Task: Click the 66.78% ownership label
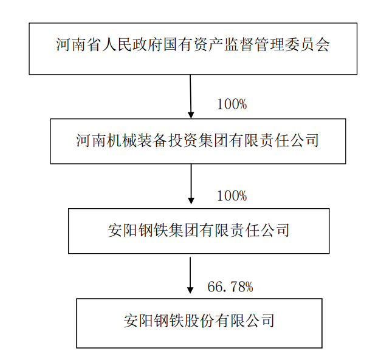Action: [x=230, y=287]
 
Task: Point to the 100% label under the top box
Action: [x=232, y=104]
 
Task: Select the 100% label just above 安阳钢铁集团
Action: [x=232, y=195]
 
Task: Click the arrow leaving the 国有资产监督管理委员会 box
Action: [x=190, y=97]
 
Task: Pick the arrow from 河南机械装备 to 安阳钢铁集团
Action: [x=191, y=184]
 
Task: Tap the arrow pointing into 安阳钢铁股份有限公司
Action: [x=190, y=275]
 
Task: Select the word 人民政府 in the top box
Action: [x=132, y=44]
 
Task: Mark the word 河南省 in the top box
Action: [x=79, y=44]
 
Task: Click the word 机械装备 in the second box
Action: [x=137, y=140]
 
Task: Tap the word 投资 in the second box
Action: [x=182, y=140]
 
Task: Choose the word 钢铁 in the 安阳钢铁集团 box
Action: [x=153, y=230]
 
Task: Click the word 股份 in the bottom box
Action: [x=199, y=321]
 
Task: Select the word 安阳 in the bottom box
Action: [x=139, y=321]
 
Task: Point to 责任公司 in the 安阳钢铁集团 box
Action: [x=259, y=230]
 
